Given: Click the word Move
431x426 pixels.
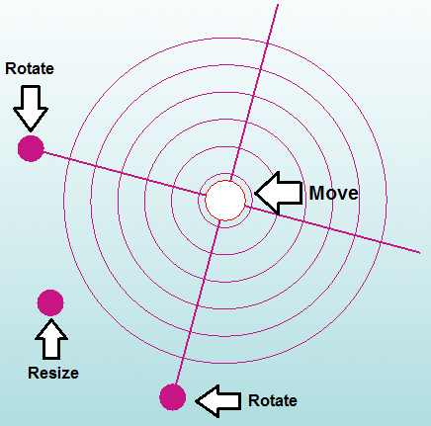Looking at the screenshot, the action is point(333,193).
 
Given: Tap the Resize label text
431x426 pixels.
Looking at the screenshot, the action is point(53,373).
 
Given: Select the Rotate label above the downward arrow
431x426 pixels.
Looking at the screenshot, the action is point(30,68).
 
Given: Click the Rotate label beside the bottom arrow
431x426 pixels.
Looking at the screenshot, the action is point(273,400).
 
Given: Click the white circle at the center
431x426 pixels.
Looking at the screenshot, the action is point(225,201).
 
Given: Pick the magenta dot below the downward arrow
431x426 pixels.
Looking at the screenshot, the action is point(31,148).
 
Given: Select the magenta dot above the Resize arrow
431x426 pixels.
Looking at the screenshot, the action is point(50,302).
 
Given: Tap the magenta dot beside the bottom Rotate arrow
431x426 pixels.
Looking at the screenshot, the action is point(173,397).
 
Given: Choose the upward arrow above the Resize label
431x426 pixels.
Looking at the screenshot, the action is point(51,339).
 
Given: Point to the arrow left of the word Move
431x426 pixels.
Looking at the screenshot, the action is point(279,193).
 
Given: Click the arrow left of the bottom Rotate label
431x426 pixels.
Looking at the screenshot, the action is point(218,401).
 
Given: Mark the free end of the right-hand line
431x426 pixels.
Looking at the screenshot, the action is point(419,253).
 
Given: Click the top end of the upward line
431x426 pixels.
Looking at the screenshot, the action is point(278,5).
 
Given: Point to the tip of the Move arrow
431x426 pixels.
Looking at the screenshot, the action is point(255,194).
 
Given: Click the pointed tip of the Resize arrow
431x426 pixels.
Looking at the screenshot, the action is point(51,318).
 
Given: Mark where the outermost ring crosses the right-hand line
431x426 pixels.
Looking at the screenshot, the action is point(382,243).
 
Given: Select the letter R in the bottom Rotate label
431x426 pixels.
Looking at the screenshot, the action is point(253,400).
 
